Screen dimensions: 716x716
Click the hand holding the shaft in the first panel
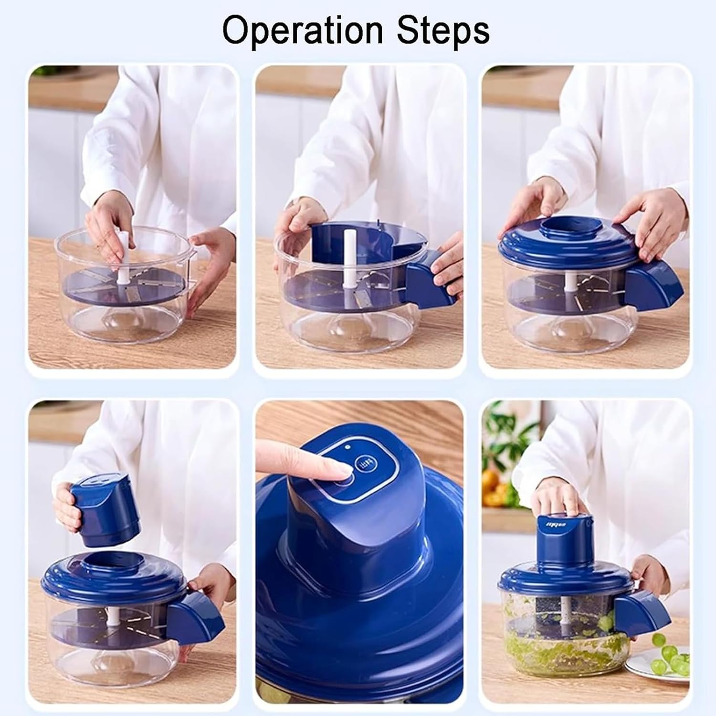pyautogui.click(x=107, y=229)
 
